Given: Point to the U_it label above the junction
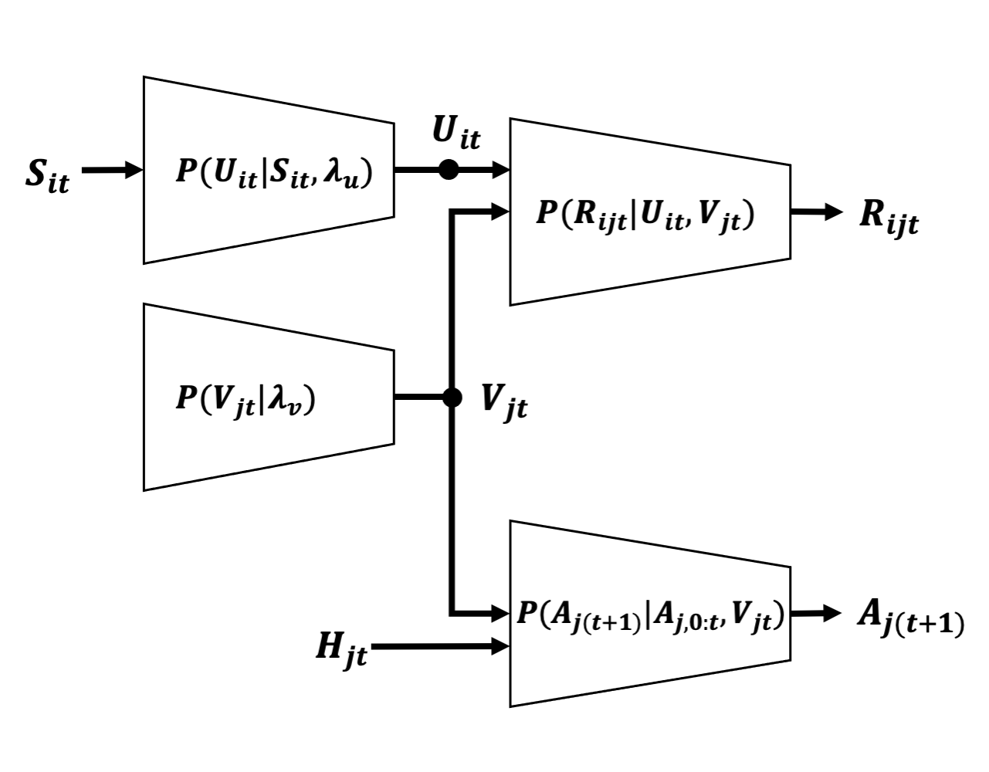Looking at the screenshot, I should [x=456, y=134].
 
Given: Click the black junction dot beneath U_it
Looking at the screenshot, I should [x=449, y=170].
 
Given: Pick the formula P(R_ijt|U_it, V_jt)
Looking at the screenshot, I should [x=645, y=214].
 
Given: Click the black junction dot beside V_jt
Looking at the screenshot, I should [x=452, y=398].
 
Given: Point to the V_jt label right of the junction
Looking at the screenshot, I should [x=504, y=401].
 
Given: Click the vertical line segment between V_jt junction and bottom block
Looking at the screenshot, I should [x=452, y=510].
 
